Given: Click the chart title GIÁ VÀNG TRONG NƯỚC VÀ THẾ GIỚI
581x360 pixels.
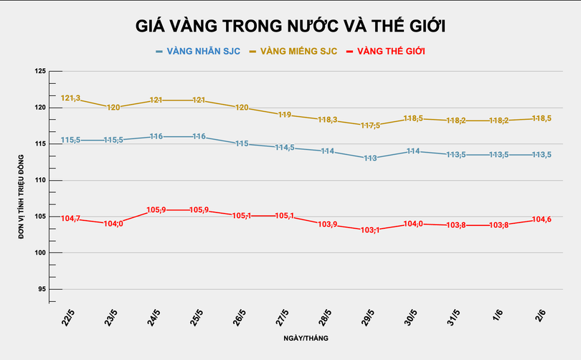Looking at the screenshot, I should pyautogui.click(x=291, y=26).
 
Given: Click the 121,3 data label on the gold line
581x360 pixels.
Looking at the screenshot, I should pyautogui.click(x=70, y=98).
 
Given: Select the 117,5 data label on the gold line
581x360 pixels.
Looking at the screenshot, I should pyautogui.click(x=369, y=125).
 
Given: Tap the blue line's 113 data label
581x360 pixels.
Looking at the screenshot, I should pyautogui.click(x=370, y=158).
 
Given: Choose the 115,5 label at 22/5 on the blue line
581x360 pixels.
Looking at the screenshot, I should pyautogui.click(x=70, y=140).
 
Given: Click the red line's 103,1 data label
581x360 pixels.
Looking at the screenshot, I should pyautogui.click(x=369, y=230).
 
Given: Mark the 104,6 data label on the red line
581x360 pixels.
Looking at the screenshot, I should pyautogui.click(x=541, y=219).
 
